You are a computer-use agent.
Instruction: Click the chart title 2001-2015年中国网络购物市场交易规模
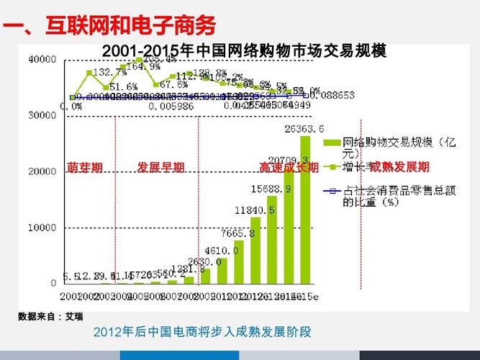click(244, 51)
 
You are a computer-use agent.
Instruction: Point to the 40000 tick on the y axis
click(42, 59)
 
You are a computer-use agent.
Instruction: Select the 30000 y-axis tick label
click(42, 115)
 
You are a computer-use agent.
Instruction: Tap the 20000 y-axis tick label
click(42, 171)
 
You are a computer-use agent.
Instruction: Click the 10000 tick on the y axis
click(42, 228)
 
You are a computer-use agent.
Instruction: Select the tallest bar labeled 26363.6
click(306, 209)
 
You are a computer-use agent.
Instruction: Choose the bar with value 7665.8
click(239, 261)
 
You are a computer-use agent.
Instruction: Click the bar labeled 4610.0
click(222, 271)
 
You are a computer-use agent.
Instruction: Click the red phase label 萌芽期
click(85, 168)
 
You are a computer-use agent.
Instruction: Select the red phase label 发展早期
click(160, 168)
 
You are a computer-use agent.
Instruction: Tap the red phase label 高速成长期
click(289, 168)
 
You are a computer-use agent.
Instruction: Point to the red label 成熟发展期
click(399, 168)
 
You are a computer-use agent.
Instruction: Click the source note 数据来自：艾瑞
click(50, 316)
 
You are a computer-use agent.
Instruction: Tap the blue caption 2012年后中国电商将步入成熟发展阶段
click(202, 332)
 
